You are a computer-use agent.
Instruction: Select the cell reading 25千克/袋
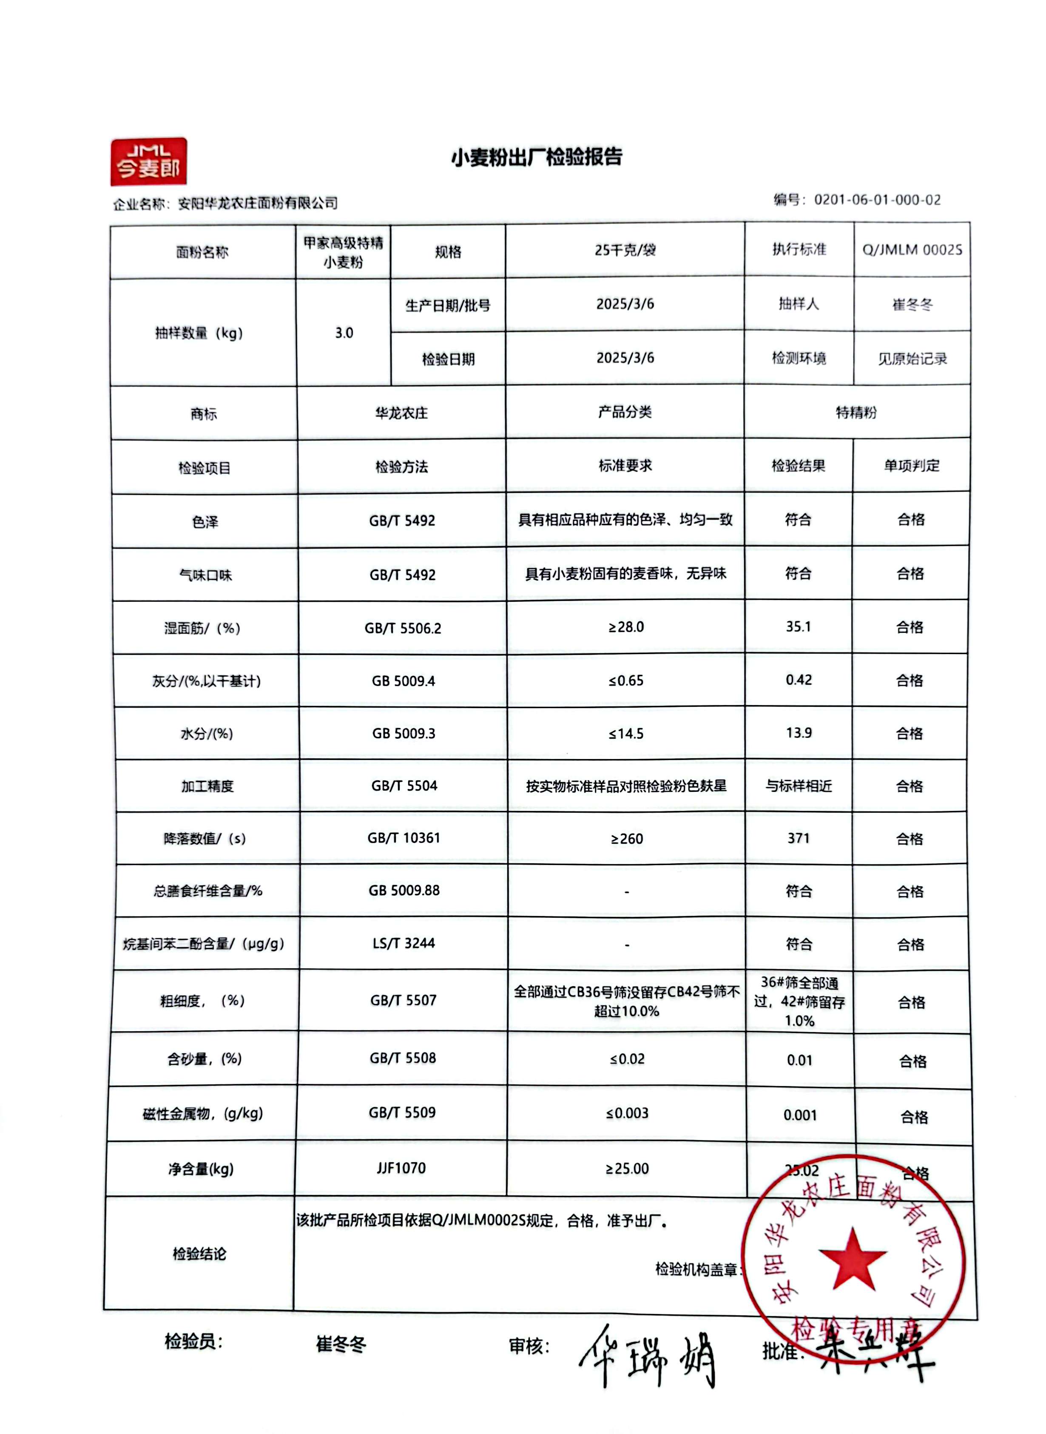point(625,250)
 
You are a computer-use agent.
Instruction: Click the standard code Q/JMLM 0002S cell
point(912,250)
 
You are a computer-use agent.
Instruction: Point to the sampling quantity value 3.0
point(344,333)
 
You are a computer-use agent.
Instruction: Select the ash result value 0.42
point(799,680)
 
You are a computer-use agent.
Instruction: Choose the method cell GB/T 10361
point(404,838)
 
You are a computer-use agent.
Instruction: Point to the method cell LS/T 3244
point(404,943)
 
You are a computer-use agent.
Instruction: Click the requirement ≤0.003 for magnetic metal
point(627,1113)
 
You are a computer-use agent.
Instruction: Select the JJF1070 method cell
point(401,1168)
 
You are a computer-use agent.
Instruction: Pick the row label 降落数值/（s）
point(205,839)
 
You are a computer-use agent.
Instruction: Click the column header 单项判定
point(911,466)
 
